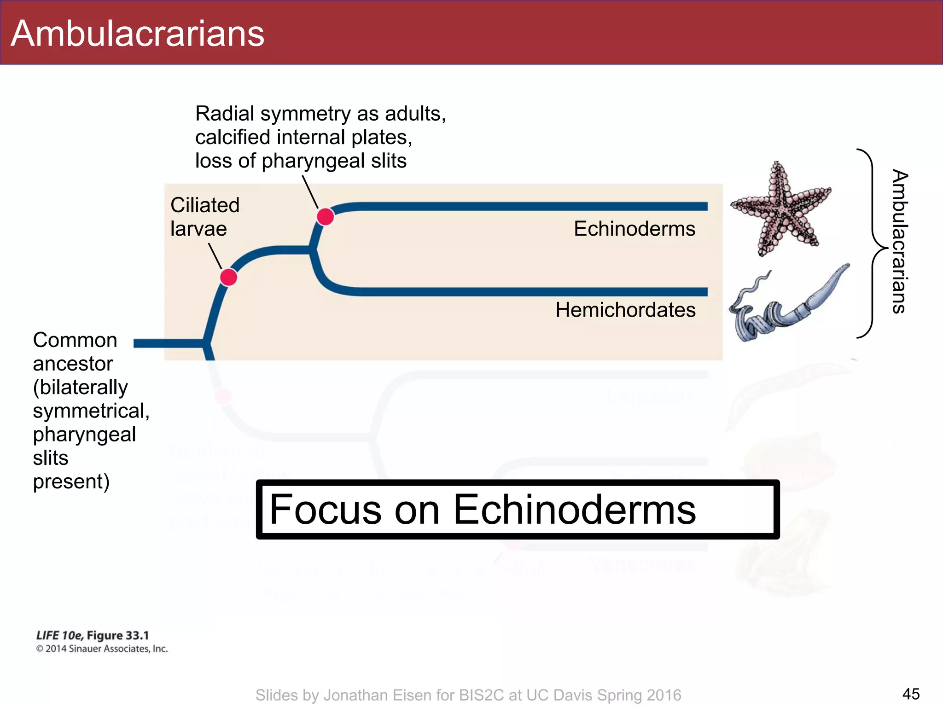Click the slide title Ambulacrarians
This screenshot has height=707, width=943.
click(137, 34)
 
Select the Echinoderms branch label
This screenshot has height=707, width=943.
click(634, 229)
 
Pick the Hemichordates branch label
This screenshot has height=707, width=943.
click(625, 310)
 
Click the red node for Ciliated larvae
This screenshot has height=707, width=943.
click(228, 278)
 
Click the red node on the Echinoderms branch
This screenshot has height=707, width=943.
click(326, 216)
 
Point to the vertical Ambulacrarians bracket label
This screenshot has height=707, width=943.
click(899, 242)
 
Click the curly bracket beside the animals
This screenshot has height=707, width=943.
click(872, 244)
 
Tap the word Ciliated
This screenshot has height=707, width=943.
click(205, 205)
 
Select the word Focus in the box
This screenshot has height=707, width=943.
click(325, 510)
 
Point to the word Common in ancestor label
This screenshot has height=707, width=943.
click(75, 340)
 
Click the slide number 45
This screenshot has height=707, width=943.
click(911, 694)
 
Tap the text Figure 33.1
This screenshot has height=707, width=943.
click(118, 636)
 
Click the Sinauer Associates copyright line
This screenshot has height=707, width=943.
click(102, 649)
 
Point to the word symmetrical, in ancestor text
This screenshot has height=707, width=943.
click(91, 411)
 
